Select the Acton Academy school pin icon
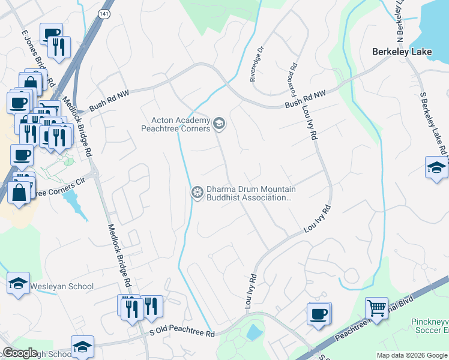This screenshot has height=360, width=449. (219, 124)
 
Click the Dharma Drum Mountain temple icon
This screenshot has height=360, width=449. (196, 193)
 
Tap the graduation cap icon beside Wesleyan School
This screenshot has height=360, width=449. (18, 283)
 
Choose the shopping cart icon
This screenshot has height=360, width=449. (376, 308)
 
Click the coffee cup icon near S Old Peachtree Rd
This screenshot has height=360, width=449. (318, 313)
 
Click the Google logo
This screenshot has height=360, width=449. (20, 353)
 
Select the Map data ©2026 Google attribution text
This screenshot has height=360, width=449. (412, 355)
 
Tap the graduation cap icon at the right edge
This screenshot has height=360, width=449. (436, 167)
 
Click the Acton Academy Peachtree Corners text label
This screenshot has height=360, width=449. (175, 124)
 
